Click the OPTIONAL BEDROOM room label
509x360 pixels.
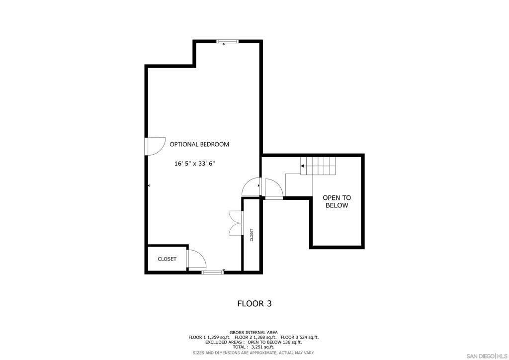[x=199, y=144]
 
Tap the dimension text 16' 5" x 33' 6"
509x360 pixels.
[x=195, y=164]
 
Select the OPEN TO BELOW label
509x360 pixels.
[x=337, y=201]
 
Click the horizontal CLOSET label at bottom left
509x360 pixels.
[x=167, y=259]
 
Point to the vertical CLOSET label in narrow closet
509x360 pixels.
[x=252, y=235]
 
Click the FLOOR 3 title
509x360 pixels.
[x=254, y=303]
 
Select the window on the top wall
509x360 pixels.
[x=227, y=41]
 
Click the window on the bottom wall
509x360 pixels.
[x=212, y=272]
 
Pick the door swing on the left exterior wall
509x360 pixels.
[x=155, y=146]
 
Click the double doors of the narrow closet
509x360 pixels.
[x=236, y=223]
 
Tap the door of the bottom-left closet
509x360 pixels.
[x=196, y=259]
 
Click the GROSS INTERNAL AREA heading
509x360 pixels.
[x=254, y=333]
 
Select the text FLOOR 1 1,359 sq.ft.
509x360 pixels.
[x=209, y=337]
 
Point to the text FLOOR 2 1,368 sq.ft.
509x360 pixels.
[x=255, y=337]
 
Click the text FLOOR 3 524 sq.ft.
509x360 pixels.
[x=300, y=337]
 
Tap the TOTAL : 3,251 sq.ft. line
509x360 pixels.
[x=254, y=347]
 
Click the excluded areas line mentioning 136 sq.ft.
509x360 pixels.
[x=254, y=342]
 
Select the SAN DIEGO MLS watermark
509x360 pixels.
[x=487, y=356]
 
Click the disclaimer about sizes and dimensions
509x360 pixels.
[x=254, y=353]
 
